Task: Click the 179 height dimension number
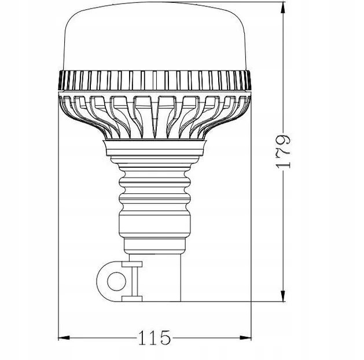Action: pyautogui.click(x=284, y=152)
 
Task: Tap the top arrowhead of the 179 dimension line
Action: pyautogui.click(x=282, y=8)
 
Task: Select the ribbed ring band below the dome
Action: pyautogui.click(x=155, y=80)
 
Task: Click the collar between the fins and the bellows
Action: pyautogui.click(x=155, y=149)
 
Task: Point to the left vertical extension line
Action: pyautogui.click(x=60, y=232)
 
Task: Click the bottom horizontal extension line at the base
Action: pyautogui.click(x=243, y=301)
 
